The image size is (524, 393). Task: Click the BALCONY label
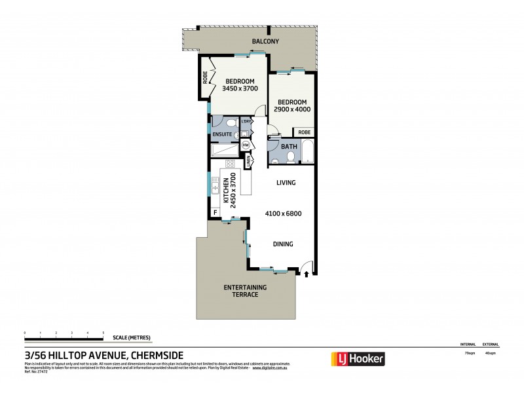pos(266,42)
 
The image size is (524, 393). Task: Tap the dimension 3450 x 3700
pos(240,88)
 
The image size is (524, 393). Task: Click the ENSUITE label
pos(221,134)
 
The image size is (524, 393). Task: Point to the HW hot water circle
pos(246,145)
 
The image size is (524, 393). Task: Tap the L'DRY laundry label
pos(247,121)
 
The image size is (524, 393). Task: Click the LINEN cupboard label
pos(249,160)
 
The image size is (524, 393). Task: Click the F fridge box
pos(215,213)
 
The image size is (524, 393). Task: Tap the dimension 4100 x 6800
pos(283,213)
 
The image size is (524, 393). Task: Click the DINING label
pos(283,244)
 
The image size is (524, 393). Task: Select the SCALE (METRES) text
pos(132,337)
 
